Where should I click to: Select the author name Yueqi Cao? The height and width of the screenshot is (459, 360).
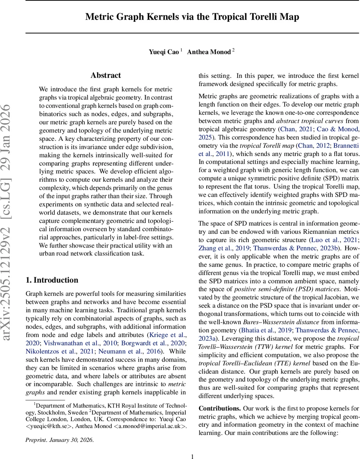pos(164,52)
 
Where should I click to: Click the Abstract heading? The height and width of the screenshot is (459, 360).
pos(105,75)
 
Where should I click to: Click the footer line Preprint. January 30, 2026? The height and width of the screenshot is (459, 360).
pos(59,440)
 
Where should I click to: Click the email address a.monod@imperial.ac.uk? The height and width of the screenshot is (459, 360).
pos(151,426)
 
